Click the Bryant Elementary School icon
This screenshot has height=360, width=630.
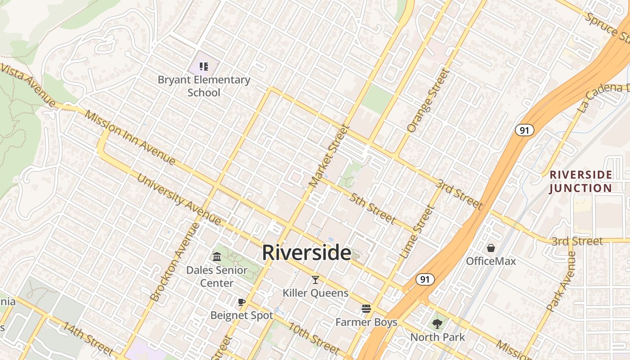click(x=204, y=67)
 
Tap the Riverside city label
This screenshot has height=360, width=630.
click(x=306, y=252)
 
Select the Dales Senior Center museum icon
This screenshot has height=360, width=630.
click(x=217, y=257)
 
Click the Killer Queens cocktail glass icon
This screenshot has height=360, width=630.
click(x=315, y=280)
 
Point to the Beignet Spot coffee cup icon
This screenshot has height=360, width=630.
click(x=242, y=302)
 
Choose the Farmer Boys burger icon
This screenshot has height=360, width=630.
click(x=366, y=309)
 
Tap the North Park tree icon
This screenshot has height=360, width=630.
click(x=437, y=324)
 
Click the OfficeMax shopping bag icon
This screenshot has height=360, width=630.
click(x=490, y=248)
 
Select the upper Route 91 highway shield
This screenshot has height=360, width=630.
click(x=524, y=130)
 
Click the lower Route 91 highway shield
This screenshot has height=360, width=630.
click(x=424, y=279)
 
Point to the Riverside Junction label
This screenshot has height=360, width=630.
click(x=581, y=181)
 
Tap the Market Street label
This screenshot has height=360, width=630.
click(x=329, y=156)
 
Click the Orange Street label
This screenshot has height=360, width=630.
click(x=428, y=101)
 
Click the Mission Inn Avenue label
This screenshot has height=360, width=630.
click(x=130, y=137)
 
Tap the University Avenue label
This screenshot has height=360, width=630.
click(x=179, y=199)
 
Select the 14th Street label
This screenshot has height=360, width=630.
click(x=88, y=338)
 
